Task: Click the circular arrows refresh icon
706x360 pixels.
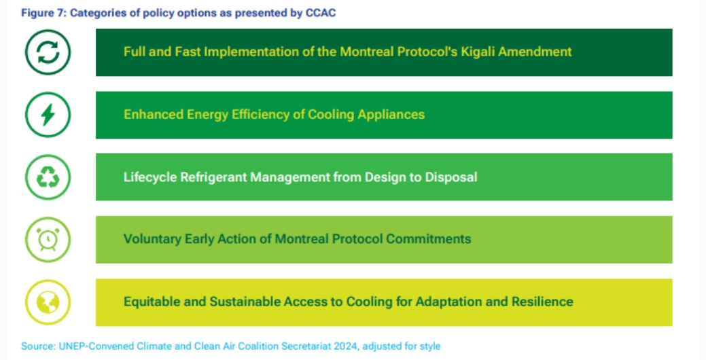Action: coord(48,52)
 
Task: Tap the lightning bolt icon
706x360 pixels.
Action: coord(48,115)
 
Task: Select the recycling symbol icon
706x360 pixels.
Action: coord(48,177)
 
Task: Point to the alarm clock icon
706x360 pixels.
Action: coord(48,240)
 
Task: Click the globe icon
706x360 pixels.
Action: coord(48,302)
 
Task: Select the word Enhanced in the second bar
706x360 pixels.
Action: coord(153,114)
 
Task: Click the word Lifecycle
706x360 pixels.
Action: coord(150,177)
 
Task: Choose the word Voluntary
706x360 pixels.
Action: coord(152,239)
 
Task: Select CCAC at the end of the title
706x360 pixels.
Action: coord(321,13)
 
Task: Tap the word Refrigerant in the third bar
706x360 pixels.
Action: coord(213,177)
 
